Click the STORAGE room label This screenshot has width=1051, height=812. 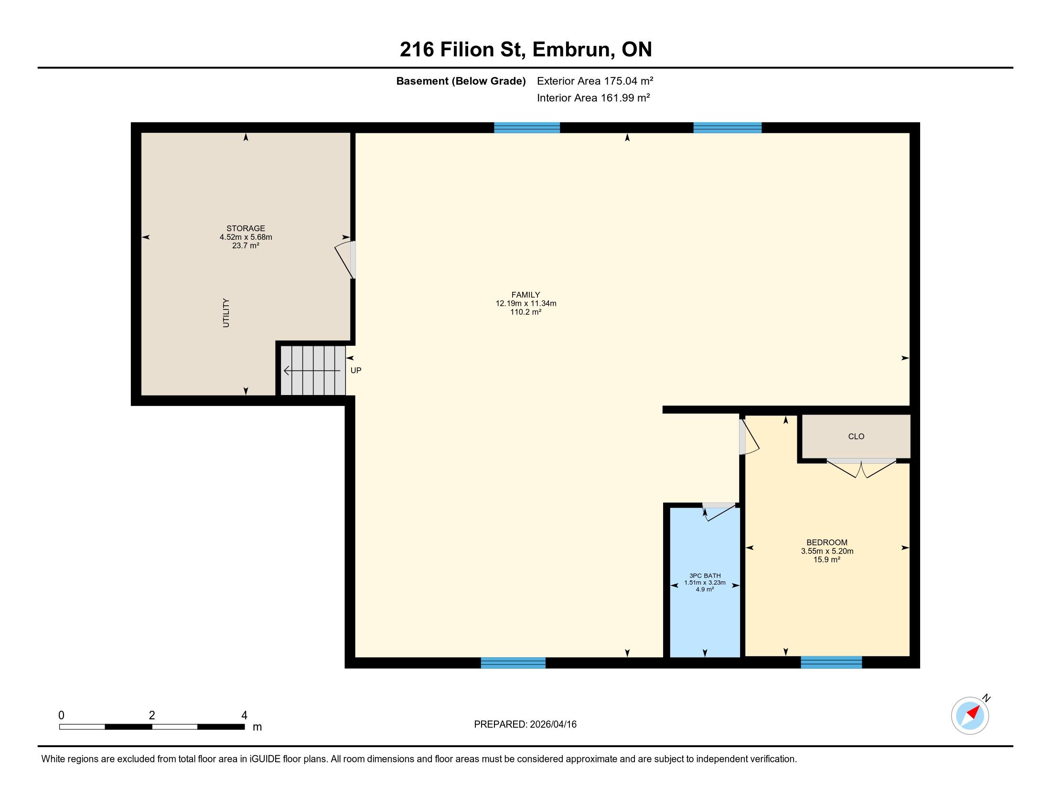click(246, 228)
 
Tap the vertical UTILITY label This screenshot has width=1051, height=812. click(225, 313)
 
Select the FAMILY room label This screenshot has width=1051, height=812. click(525, 294)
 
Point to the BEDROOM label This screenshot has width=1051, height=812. click(827, 542)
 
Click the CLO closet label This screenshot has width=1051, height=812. click(856, 436)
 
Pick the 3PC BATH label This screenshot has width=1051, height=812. click(705, 576)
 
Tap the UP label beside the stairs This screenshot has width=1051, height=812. click(355, 370)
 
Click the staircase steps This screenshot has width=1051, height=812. click(313, 370)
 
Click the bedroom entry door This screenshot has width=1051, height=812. click(749, 436)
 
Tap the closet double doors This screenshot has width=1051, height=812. click(861, 469)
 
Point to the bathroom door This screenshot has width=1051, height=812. click(719, 512)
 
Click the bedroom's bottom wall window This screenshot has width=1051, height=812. click(831, 662)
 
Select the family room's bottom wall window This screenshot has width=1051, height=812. click(513, 663)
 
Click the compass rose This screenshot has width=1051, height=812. click(970, 716)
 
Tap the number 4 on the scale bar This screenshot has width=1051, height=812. click(244, 716)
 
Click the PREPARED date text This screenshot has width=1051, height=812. click(525, 725)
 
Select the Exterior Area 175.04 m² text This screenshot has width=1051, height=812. click(595, 81)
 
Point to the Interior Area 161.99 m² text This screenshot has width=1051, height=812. click(593, 97)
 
